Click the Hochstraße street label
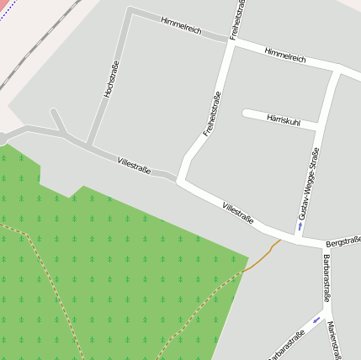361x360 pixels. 111,79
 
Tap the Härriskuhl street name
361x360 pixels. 284,119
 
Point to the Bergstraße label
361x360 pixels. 343,241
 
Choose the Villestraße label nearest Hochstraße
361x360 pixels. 134,164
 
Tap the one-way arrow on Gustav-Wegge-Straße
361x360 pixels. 300,225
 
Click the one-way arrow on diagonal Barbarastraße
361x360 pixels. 316,320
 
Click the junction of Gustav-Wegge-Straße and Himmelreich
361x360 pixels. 337,69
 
